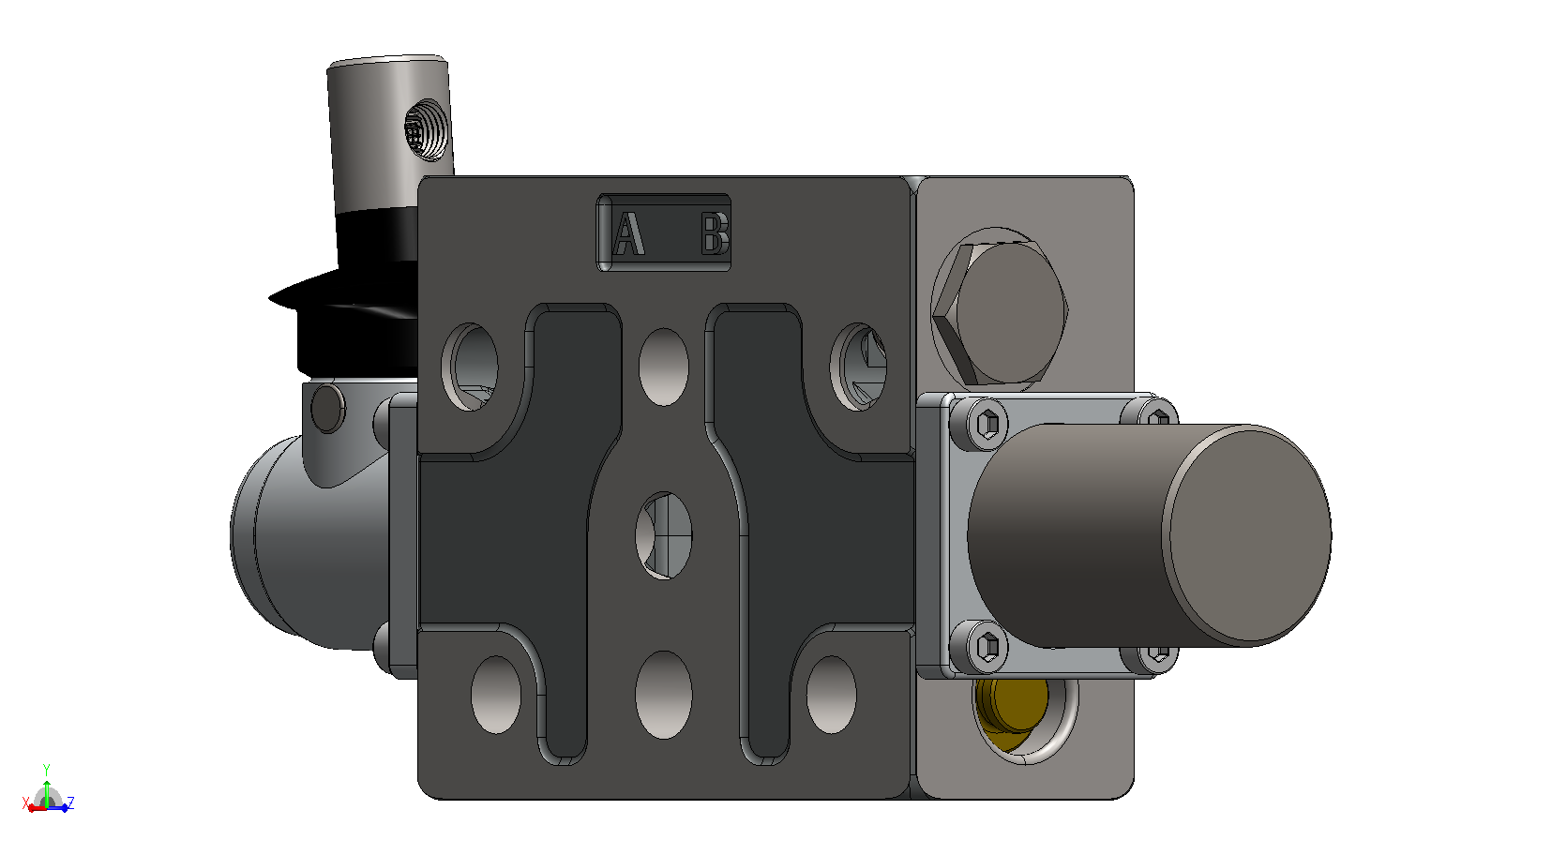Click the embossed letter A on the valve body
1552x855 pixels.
click(x=629, y=233)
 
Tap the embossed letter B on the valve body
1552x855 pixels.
click(x=715, y=233)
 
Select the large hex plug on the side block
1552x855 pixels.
click(x=1000, y=313)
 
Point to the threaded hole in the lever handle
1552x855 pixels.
click(x=426, y=129)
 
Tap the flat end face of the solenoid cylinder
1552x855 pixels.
click(x=1247, y=535)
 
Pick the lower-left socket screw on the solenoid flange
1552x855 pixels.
click(x=988, y=647)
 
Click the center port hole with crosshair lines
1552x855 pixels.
click(x=664, y=535)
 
